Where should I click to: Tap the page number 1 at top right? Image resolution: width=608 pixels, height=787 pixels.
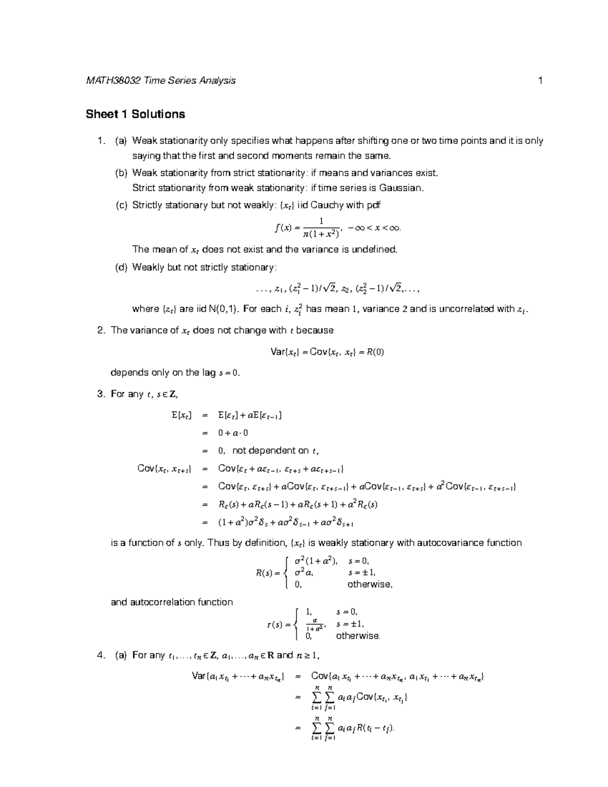tap(541, 81)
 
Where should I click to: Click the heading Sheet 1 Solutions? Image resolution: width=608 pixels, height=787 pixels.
tap(135, 115)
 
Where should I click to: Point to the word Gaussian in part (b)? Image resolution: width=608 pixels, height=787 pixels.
tap(400, 188)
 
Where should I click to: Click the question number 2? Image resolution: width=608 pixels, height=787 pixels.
tap(100, 330)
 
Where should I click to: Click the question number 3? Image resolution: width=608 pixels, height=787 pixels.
tap(100, 394)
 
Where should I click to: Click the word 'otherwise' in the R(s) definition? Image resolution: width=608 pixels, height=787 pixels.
tap(370, 584)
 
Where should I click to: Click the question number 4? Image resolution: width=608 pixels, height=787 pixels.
tap(100, 655)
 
